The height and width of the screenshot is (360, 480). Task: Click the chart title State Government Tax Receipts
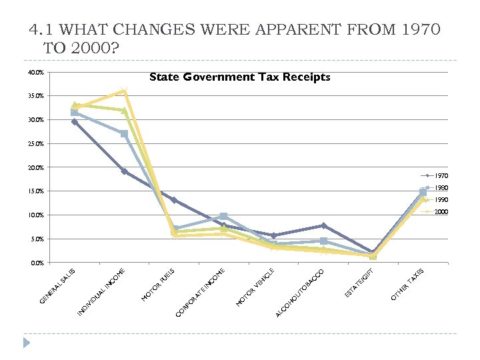(239, 77)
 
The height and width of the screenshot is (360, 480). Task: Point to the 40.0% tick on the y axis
(36, 73)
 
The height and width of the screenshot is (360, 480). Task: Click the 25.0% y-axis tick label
(36, 144)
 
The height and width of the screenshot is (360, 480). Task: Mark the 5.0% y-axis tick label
(36, 239)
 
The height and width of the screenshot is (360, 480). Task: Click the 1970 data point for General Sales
(75, 122)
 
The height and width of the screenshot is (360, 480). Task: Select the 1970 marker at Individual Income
(124, 171)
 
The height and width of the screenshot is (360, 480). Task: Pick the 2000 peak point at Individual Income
(124, 91)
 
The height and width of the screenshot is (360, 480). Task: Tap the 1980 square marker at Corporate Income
(223, 217)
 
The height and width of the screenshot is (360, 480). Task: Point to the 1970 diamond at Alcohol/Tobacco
(323, 226)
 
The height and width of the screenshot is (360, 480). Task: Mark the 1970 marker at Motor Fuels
(174, 200)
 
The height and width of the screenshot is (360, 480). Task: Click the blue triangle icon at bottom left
(27, 343)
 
